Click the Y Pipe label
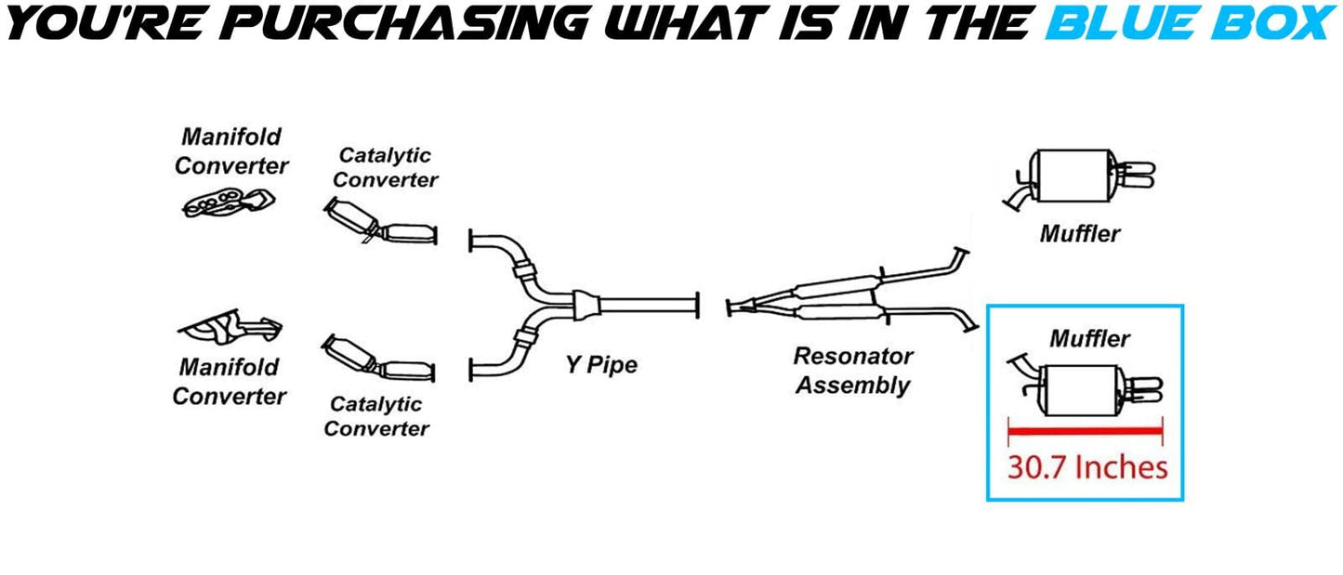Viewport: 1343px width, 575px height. point(601,365)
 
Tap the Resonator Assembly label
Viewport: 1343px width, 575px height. point(852,371)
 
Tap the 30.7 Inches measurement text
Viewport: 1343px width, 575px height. point(1086,466)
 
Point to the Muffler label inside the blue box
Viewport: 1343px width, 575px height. point(1089,339)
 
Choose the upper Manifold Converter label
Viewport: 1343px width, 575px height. point(231,151)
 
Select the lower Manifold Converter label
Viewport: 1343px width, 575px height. point(230,382)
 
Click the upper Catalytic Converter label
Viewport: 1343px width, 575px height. point(387,167)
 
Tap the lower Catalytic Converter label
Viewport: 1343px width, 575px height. point(375,416)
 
